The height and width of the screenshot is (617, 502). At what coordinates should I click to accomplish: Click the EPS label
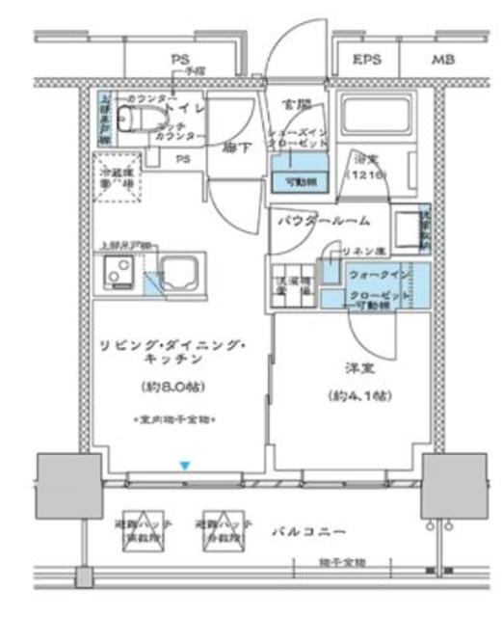(367, 60)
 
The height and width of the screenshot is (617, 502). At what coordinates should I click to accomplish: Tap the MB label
(442, 60)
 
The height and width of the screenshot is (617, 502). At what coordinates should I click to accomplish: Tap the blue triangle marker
(185, 466)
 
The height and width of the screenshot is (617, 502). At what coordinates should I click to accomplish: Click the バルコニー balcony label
(308, 531)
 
